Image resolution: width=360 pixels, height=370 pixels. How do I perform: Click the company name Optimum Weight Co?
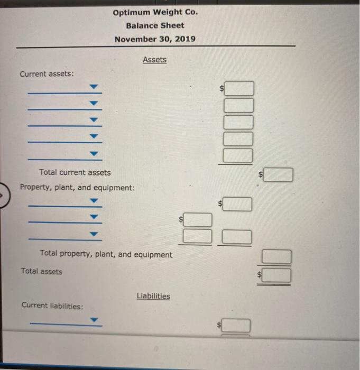(x=155, y=12)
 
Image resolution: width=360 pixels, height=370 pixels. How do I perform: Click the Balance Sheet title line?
(x=155, y=25)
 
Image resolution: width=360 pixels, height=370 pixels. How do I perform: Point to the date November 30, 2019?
(x=155, y=39)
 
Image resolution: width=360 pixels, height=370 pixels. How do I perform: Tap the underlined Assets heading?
(x=154, y=60)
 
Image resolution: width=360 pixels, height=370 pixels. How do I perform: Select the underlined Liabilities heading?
(x=153, y=296)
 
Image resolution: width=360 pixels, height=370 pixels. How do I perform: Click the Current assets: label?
(x=47, y=74)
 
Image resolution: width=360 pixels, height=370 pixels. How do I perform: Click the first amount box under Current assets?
(x=238, y=88)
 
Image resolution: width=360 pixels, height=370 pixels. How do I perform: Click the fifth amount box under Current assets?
(x=238, y=155)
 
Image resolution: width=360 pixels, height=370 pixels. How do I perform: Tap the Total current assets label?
(x=75, y=172)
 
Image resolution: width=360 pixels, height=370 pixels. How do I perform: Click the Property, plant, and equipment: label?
(x=77, y=188)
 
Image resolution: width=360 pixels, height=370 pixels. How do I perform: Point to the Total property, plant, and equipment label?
(x=106, y=254)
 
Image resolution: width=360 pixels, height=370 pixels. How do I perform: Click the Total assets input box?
(x=277, y=275)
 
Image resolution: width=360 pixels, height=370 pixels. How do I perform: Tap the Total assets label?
(x=42, y=272)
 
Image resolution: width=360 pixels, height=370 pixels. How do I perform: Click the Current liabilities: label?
(x=52, y=306)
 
